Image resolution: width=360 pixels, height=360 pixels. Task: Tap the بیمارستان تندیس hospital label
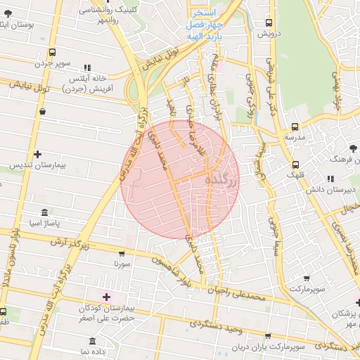coord(37,166)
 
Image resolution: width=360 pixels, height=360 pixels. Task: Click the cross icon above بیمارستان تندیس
coord(37,154)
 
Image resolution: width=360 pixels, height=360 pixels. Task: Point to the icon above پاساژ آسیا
coord(45,212)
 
